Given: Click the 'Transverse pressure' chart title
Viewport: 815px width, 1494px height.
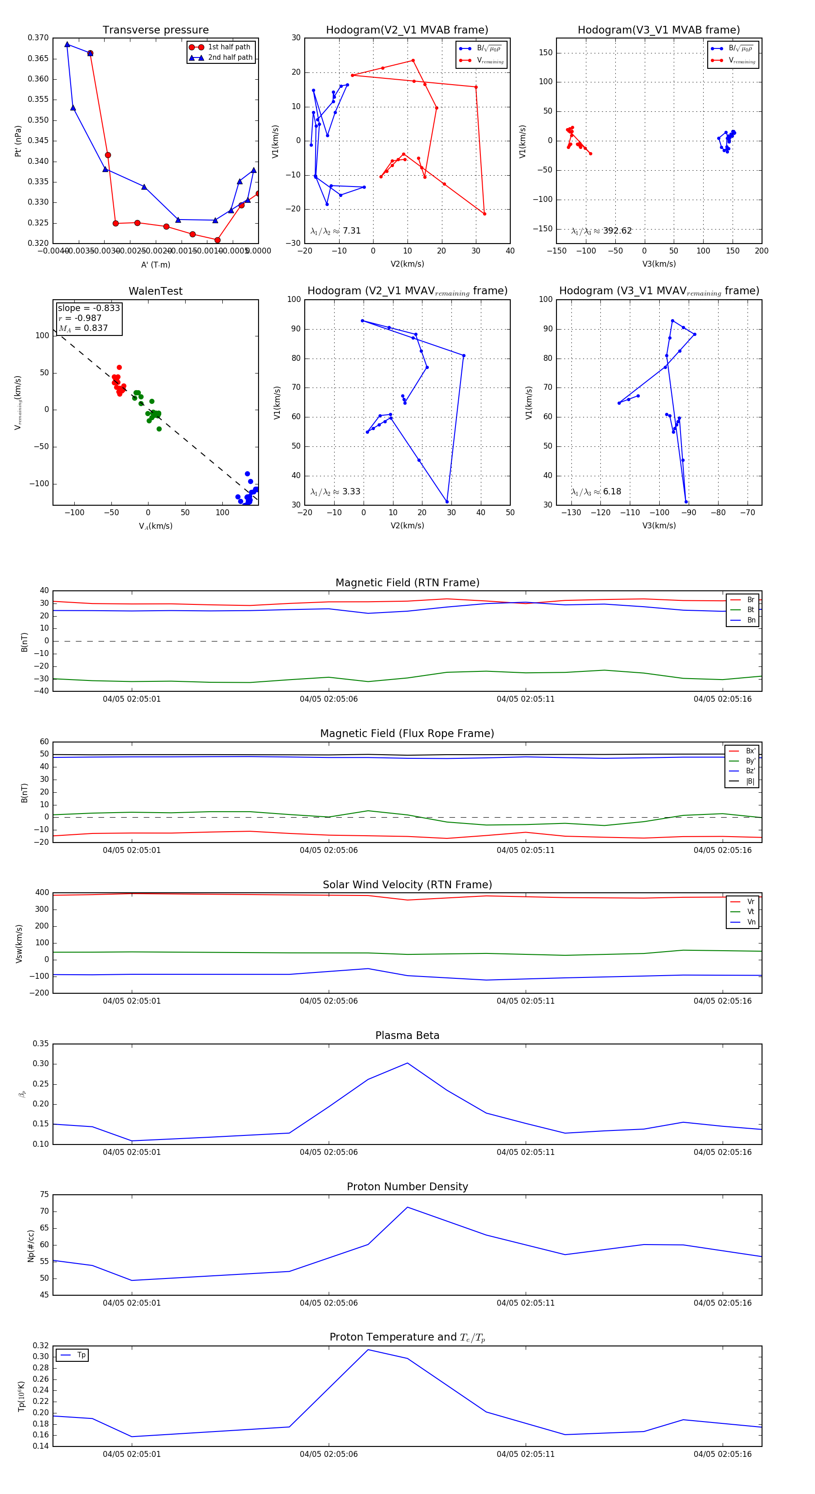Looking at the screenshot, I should tap(155, 30).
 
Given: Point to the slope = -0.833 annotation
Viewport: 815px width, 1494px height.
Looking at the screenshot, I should tap(89, 308).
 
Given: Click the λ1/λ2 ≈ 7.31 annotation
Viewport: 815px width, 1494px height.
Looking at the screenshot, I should tap(335, 231).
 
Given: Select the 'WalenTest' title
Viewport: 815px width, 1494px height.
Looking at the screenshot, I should tap(155, 291).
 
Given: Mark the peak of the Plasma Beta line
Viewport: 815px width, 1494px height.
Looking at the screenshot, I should tap(407, 1063).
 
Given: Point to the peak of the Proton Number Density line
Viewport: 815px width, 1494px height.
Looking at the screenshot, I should tap(407, 1207).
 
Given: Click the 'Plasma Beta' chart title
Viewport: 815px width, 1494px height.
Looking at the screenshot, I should tap(407, 1036).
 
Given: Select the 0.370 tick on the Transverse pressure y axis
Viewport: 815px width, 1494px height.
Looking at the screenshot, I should tap(38, 38).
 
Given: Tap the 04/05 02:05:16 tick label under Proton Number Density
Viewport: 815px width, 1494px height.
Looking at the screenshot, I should tap(722, 1302).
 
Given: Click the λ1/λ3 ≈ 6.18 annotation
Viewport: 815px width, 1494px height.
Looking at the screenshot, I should tap(596, 492).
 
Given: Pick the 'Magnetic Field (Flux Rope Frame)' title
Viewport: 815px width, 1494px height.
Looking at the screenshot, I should tap(407, 734).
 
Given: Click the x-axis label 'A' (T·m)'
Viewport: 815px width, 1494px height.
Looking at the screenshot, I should tap(155, 264).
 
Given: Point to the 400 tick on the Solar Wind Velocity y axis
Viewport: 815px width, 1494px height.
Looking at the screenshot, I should tap(42, 893).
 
